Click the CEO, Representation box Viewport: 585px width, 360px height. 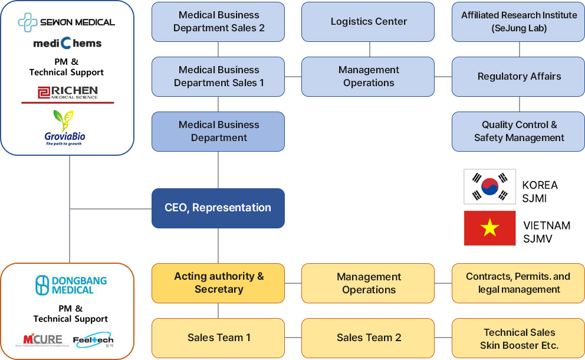point(218,208)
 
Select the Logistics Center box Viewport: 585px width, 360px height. point(369,22)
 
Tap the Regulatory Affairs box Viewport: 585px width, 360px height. point(519,77)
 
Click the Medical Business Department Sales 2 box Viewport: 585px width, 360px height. point(218,22)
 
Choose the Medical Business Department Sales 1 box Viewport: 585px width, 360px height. point(218,77)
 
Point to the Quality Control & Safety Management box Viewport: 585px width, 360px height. point(519,131)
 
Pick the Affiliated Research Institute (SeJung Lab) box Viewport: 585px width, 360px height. point(519,22)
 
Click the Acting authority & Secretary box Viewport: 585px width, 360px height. point(218,283)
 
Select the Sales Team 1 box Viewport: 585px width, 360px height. point(218,338)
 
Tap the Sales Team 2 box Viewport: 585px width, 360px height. point(369,338)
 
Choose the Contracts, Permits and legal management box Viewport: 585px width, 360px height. point(519,283)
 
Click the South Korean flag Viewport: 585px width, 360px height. point(490,186)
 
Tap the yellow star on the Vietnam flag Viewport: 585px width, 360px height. point(490,228)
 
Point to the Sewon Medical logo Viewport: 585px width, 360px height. point(67,22)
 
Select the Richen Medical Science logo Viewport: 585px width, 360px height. point(67,93)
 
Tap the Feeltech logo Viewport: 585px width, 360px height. point(93,340)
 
